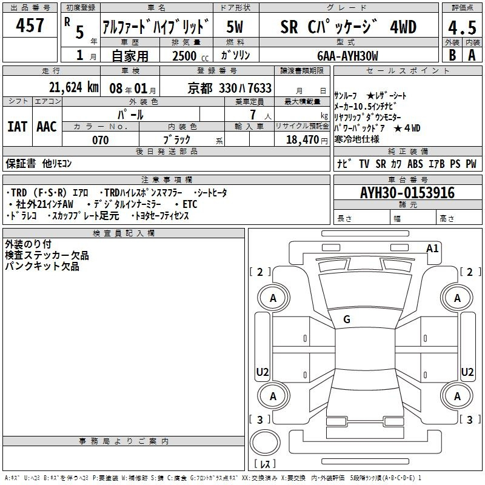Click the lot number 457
[x=30, y=25]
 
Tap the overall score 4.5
[x=462, y=27]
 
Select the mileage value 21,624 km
[x=73, y=87]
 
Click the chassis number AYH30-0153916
[x=407, y=193]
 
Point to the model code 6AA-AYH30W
[x=347, y=56]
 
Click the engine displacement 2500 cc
[x=190, y=56]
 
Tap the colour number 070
[x=101, y=140]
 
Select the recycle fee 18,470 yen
[x=307, y=140]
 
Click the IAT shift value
[x=18, y=127]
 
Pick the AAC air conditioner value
[x=47, y=127]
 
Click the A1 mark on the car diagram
[x=432, y=249]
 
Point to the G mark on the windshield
[x=347, y=319]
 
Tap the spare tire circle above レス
[x=265, y=443]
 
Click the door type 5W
[x=235, y=27]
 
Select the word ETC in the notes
[x=190, y=204]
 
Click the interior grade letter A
[x=472, y=55]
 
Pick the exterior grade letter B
[x=452, y=55]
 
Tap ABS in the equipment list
[x=415, y=164]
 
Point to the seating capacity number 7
[x=253, y=115]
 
